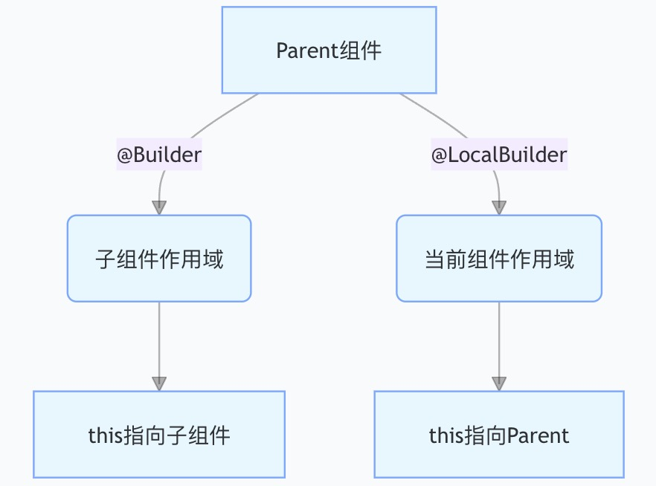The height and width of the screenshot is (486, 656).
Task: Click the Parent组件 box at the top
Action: [x=329, y=51]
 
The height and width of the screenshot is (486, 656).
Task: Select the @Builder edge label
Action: [x=159, y=155]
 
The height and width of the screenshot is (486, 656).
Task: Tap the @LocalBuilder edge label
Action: [x=499, y=155]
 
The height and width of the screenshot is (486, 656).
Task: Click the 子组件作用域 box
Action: [x=159, y=259]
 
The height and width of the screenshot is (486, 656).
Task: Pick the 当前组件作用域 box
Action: [x=499, y=259]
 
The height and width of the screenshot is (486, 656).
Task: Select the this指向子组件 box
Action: [x=159, y=435]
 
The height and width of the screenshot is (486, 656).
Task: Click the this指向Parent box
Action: [x=499, y=435]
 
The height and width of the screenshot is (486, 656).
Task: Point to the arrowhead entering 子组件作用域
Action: [x=159, y=207]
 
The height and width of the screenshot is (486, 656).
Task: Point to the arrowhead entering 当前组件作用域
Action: [x=499, y=207]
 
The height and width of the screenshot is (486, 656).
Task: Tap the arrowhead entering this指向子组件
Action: [x=159, y=383]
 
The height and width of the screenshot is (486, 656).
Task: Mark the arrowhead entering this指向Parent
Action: [x=499, y=383]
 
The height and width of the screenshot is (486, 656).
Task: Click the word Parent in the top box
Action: [x=301, y=51]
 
